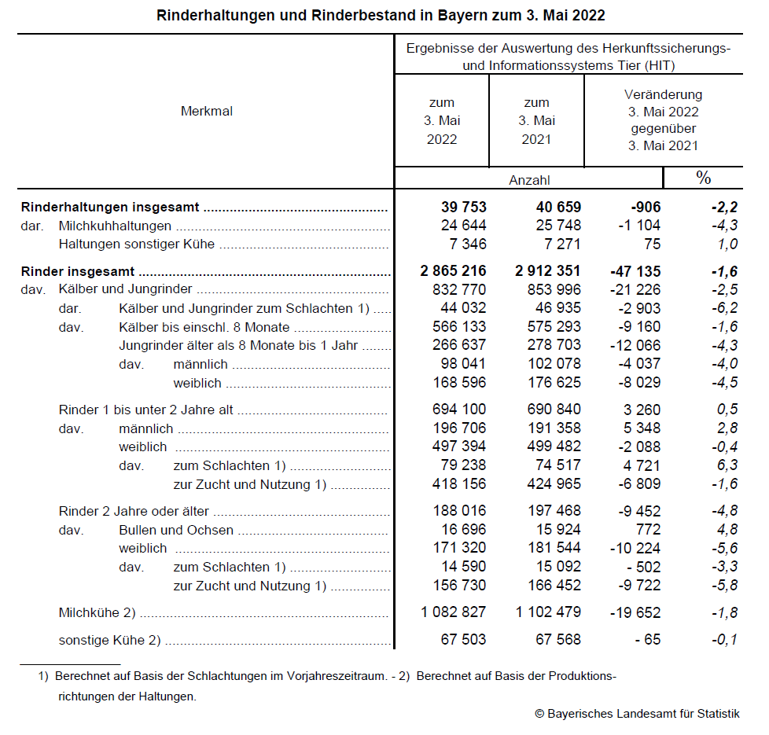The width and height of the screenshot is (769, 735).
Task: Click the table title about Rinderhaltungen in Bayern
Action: [381, 15]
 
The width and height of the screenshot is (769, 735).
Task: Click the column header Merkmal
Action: [207, 112]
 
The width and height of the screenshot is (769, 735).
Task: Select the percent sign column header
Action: [703, 178]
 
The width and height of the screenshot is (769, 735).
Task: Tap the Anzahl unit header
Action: [529, 180]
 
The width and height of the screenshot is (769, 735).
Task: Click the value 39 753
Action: [464, 208]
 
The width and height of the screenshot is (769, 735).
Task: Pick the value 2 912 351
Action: [548, 272]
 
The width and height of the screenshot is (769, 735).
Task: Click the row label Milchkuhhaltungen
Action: [115, 226]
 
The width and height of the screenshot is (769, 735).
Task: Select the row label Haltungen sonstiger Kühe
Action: [137, 244]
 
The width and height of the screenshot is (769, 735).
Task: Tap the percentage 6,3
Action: [727, 465]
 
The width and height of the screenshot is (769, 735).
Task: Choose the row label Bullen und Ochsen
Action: [176, 530]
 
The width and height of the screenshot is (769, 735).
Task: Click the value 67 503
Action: [463, 640]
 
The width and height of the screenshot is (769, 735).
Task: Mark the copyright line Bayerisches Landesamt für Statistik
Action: [637, 714]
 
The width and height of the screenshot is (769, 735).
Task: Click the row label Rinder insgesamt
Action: [78, 272]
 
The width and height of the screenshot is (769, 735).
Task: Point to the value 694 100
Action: [459, 410]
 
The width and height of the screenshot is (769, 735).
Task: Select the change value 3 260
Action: [640, 410]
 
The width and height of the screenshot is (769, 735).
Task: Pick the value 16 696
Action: [463, 530]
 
